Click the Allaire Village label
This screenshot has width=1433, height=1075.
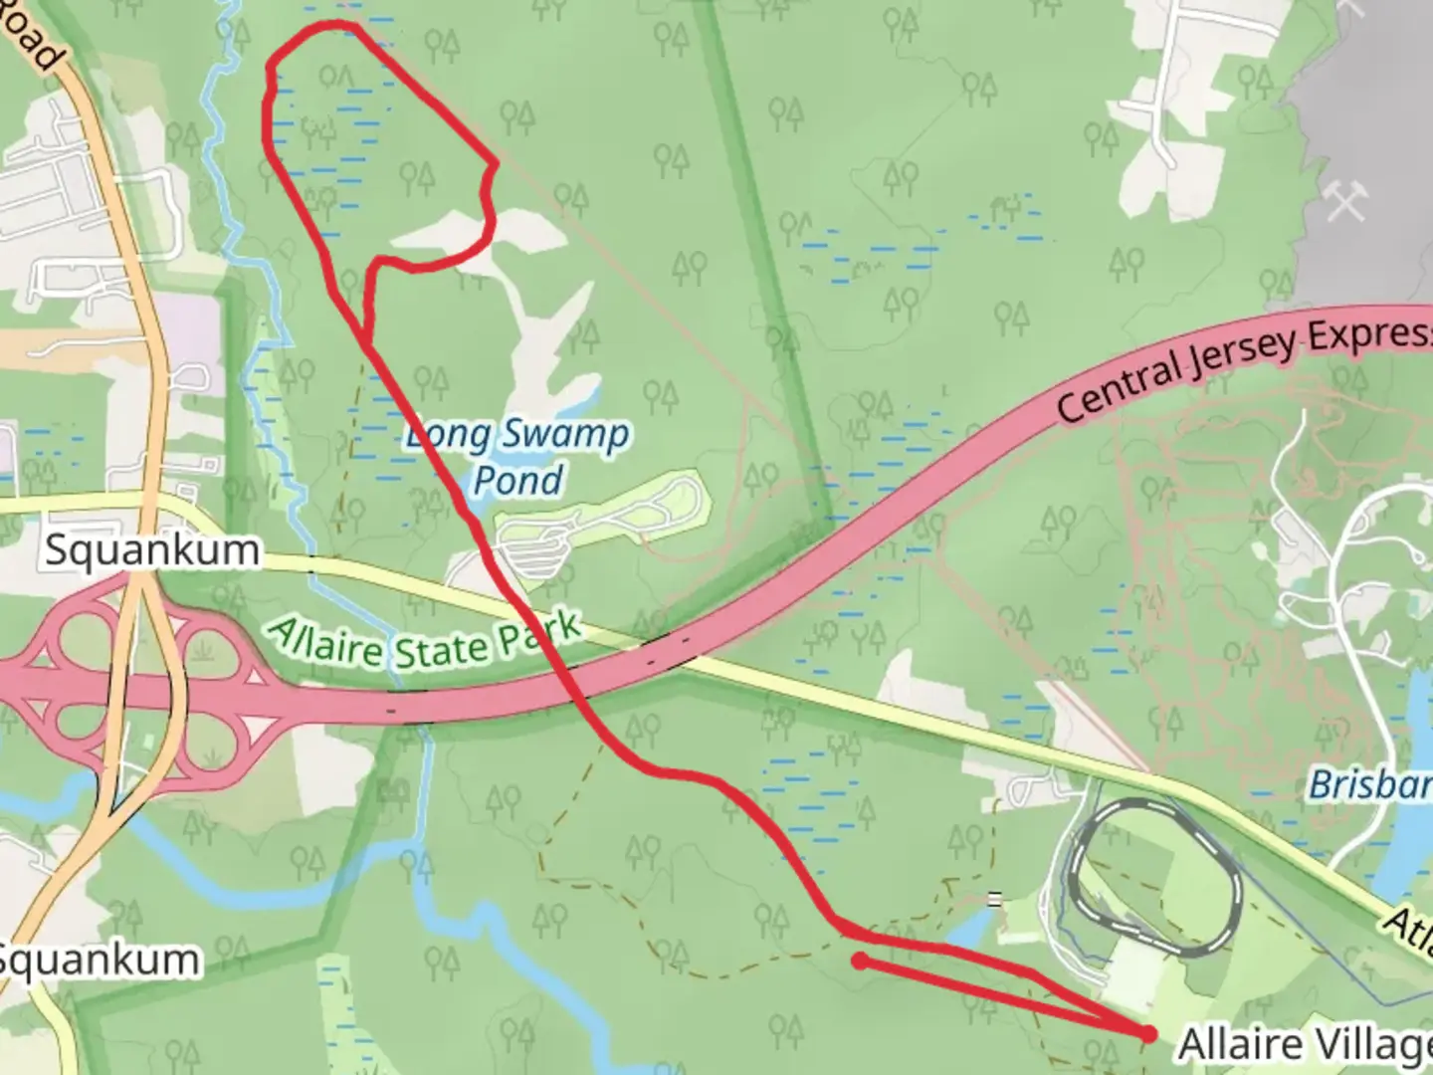(1304, 1044)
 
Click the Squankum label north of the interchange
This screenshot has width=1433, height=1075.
(151, 550)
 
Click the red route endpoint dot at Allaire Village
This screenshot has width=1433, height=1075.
(1149, 1034)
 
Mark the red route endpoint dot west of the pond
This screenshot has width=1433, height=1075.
(859, 961)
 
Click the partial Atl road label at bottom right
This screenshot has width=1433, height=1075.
(1408, 931)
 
